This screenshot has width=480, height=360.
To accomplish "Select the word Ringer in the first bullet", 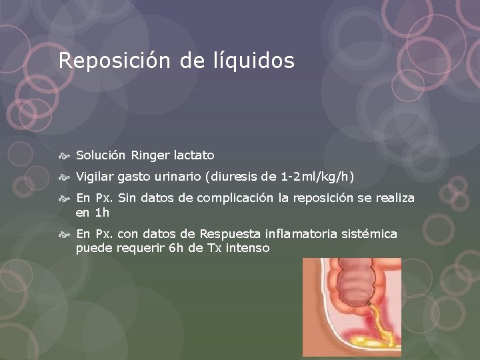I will (150, 155).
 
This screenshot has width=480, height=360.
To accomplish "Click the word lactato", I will (194, 155).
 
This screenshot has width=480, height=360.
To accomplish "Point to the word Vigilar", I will (95, 177).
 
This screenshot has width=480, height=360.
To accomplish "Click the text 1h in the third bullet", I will (101, 213).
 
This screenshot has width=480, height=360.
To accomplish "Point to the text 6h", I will (175, 249).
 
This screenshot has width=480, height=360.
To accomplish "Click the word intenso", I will (247, 249).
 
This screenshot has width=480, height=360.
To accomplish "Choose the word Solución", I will (101, 155).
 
